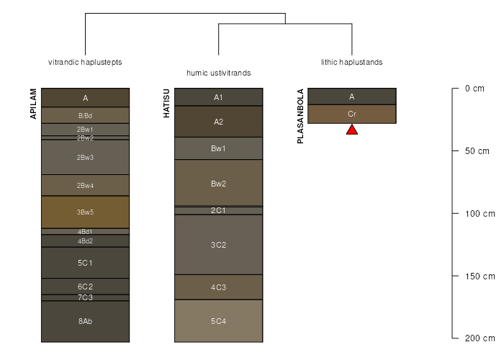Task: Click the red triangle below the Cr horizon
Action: point(352,130)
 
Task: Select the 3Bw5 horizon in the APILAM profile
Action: point(85,212)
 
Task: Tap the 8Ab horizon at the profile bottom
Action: point(85,321)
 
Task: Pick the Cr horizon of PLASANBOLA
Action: point(352,114)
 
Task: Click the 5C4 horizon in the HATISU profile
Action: point(218,321)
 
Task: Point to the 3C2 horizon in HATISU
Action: point(218,245)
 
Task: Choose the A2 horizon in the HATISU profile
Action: point(218,122)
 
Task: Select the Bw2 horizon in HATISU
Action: point(218,183)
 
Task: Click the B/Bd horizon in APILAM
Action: point(85,115)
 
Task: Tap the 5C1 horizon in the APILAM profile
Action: point(85,263)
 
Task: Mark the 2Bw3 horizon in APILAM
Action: point(85,157)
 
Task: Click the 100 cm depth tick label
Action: point(480,214)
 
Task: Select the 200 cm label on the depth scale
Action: point(480,338)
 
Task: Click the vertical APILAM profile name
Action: point(33,104)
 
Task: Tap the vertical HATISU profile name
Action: point(166,102)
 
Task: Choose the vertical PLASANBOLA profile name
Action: point(300,117)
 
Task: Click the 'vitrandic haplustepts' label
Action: point(85,62)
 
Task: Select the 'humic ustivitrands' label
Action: point(218,73)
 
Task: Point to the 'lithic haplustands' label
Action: point(352,62)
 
